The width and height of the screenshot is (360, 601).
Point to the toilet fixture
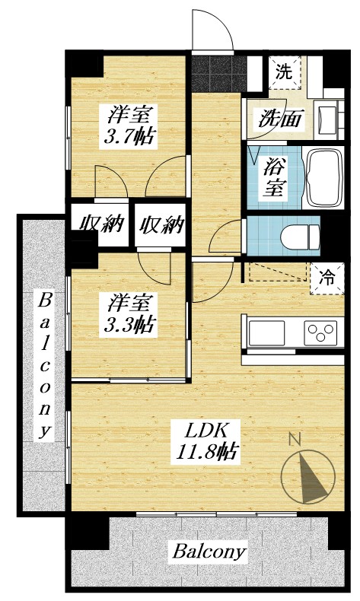coord(301,236)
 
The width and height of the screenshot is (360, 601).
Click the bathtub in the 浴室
coord(325,178)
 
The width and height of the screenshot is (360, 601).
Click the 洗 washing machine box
coord(284,73)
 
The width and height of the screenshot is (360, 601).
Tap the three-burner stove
coord(320,332)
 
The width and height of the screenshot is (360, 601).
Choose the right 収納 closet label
coord(162,224)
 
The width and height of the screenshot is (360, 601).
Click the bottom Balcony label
coord(210,551)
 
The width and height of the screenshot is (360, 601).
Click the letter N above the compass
coord(296,439)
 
